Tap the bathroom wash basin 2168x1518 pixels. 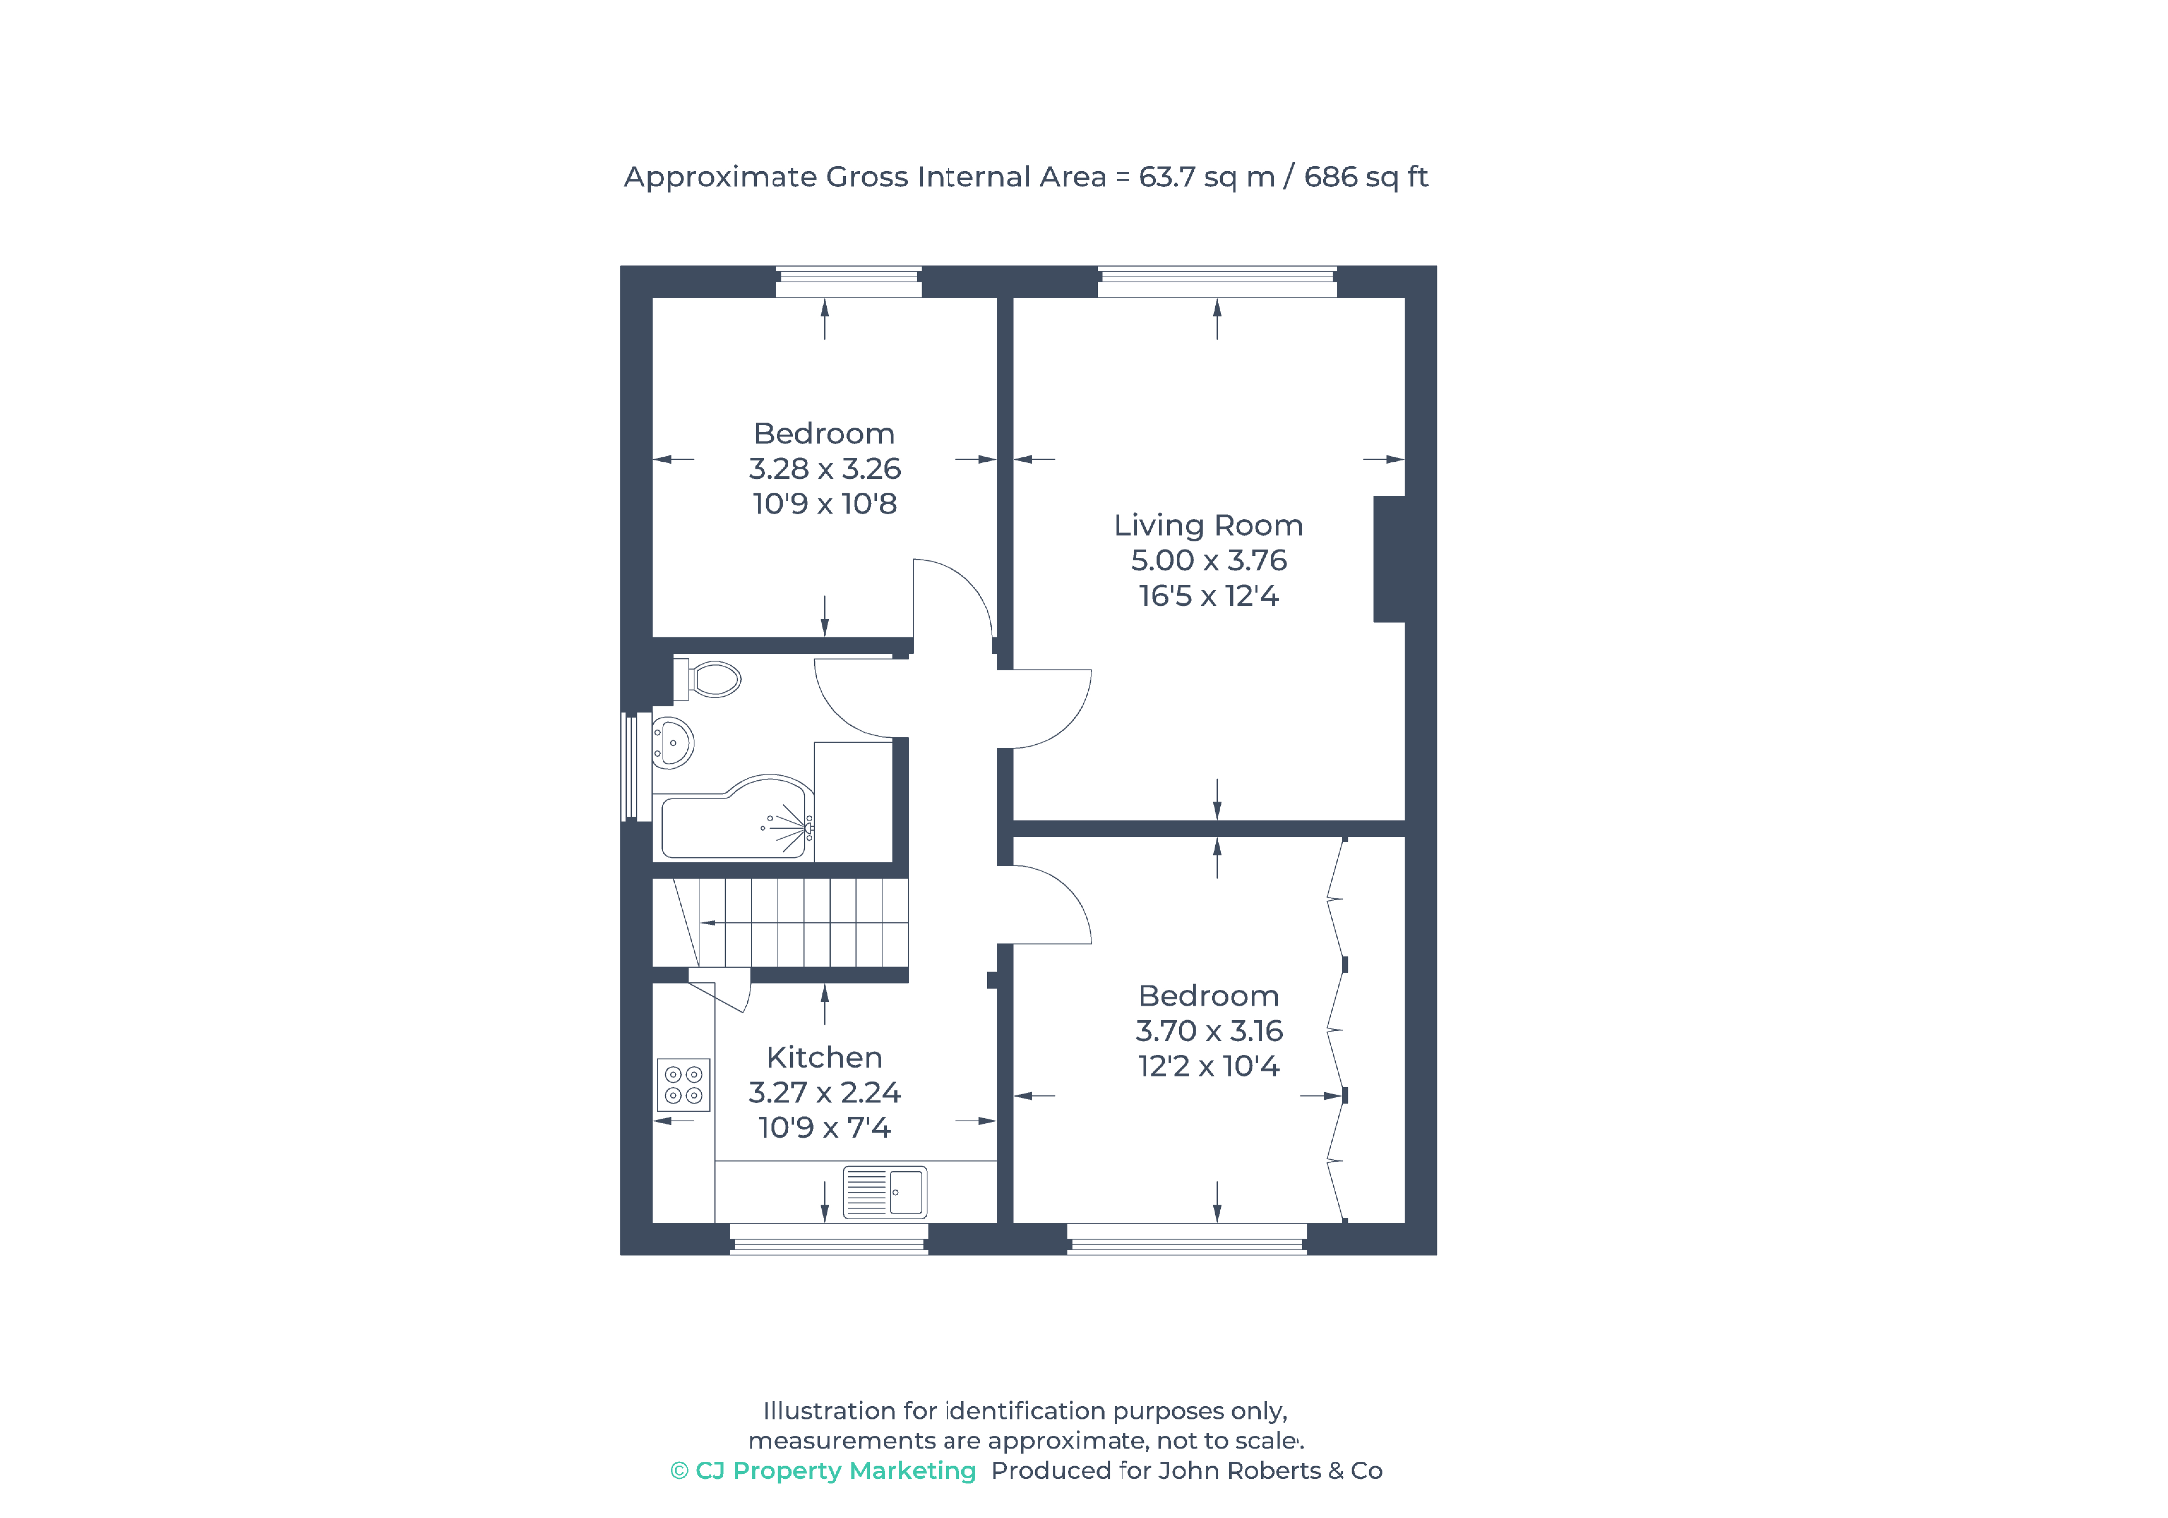click(x=673, y=743)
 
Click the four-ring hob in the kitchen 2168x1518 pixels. click(x=684, y=1084)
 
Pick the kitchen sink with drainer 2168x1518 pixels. click(x=885, y=1192)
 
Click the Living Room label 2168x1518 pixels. click(x=1209, y=525)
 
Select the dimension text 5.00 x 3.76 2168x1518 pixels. click(x=1209, y=560)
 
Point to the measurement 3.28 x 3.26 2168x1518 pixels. click(x=824, y=469)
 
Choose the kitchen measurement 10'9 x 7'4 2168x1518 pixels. click(x=824, y=1128)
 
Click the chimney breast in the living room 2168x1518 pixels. click(x=1389, y=559)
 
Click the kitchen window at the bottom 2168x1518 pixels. click(x=829, y=1239)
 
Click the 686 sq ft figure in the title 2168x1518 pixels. click(x=1365, y=177)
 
